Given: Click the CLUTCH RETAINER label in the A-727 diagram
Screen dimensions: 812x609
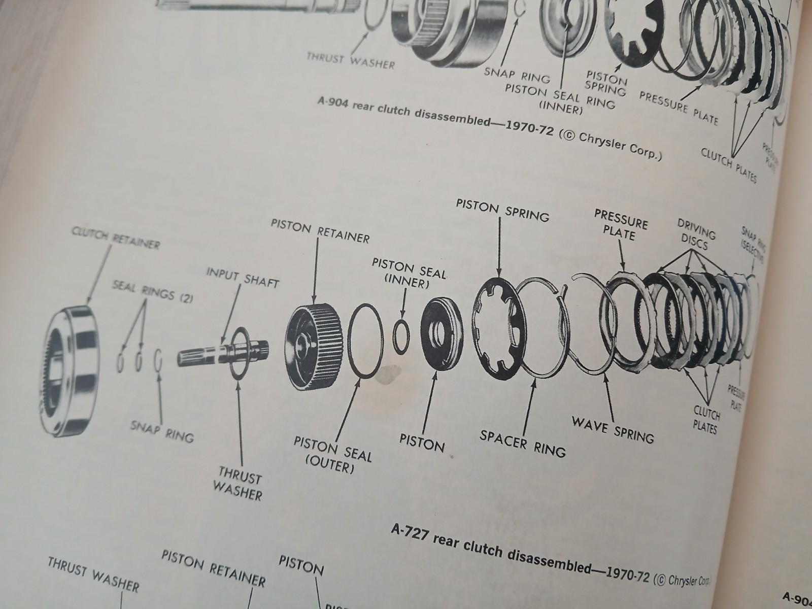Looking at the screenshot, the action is pos(116,239).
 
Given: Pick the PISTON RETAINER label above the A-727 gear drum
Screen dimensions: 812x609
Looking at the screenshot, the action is pos(320,231).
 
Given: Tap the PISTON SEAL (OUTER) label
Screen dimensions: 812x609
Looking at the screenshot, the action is pos(332,455).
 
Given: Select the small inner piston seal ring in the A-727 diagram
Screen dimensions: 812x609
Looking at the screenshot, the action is pos(402,335).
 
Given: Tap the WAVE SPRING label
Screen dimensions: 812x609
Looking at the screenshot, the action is pos(613,429).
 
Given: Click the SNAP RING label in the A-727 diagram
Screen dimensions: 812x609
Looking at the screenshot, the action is pos(162,430).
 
